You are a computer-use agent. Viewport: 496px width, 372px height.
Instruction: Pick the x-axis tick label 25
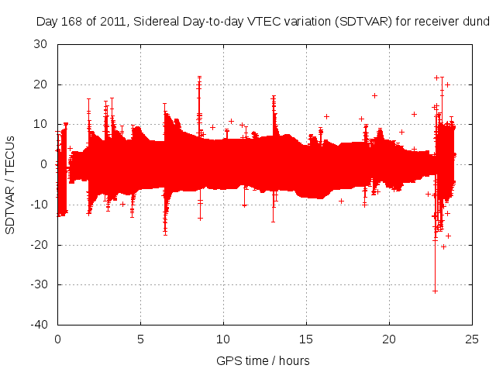coord(473,339)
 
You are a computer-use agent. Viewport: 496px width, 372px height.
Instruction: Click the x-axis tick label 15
coord(307,339)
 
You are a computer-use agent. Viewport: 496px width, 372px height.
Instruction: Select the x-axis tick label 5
coord(140,339)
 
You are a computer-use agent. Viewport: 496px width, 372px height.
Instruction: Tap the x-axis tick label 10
coord(223,339)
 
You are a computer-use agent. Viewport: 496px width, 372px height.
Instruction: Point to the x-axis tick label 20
coord(390,339)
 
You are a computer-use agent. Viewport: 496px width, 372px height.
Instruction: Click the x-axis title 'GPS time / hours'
coord(263,360)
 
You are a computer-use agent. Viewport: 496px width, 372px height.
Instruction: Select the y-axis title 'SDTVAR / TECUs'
coord(10,184)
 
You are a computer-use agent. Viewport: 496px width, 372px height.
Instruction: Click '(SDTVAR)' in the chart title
coord(374,22)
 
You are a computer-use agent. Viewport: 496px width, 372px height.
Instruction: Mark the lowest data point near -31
coord(435,291)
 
